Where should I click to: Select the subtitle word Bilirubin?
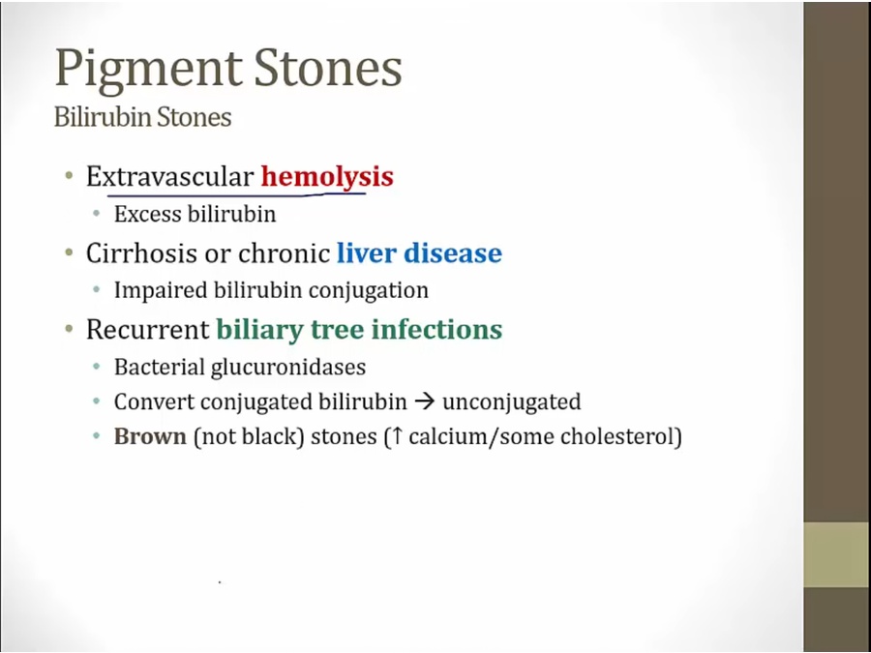pyautogui.click(x=103, y=117)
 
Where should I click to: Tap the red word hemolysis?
pyautogui.click(x=327, y=177)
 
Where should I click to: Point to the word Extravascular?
pyautogui.click(x=169, y=177)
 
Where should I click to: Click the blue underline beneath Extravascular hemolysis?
pyautogui.click(x=237, y=194)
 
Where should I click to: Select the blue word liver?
pyautogui.click(x=366, y=252)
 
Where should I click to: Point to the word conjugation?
pyautogui.click(x=369, y=291)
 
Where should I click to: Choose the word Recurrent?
pyautogui.click(x=147, y=329)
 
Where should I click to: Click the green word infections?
pyautogui.click(x=436, y=329)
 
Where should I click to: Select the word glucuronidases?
pyautogui.click(x=287, y=368)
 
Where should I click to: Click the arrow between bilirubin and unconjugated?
pyautogui.click(x=425, y=401)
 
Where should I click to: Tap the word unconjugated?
pyautogui.click(x=512, y=402)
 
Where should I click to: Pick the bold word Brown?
pyautogui.click(x=150, y=436)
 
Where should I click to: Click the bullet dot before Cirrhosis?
pyautogui.click(x=69, y=252)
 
